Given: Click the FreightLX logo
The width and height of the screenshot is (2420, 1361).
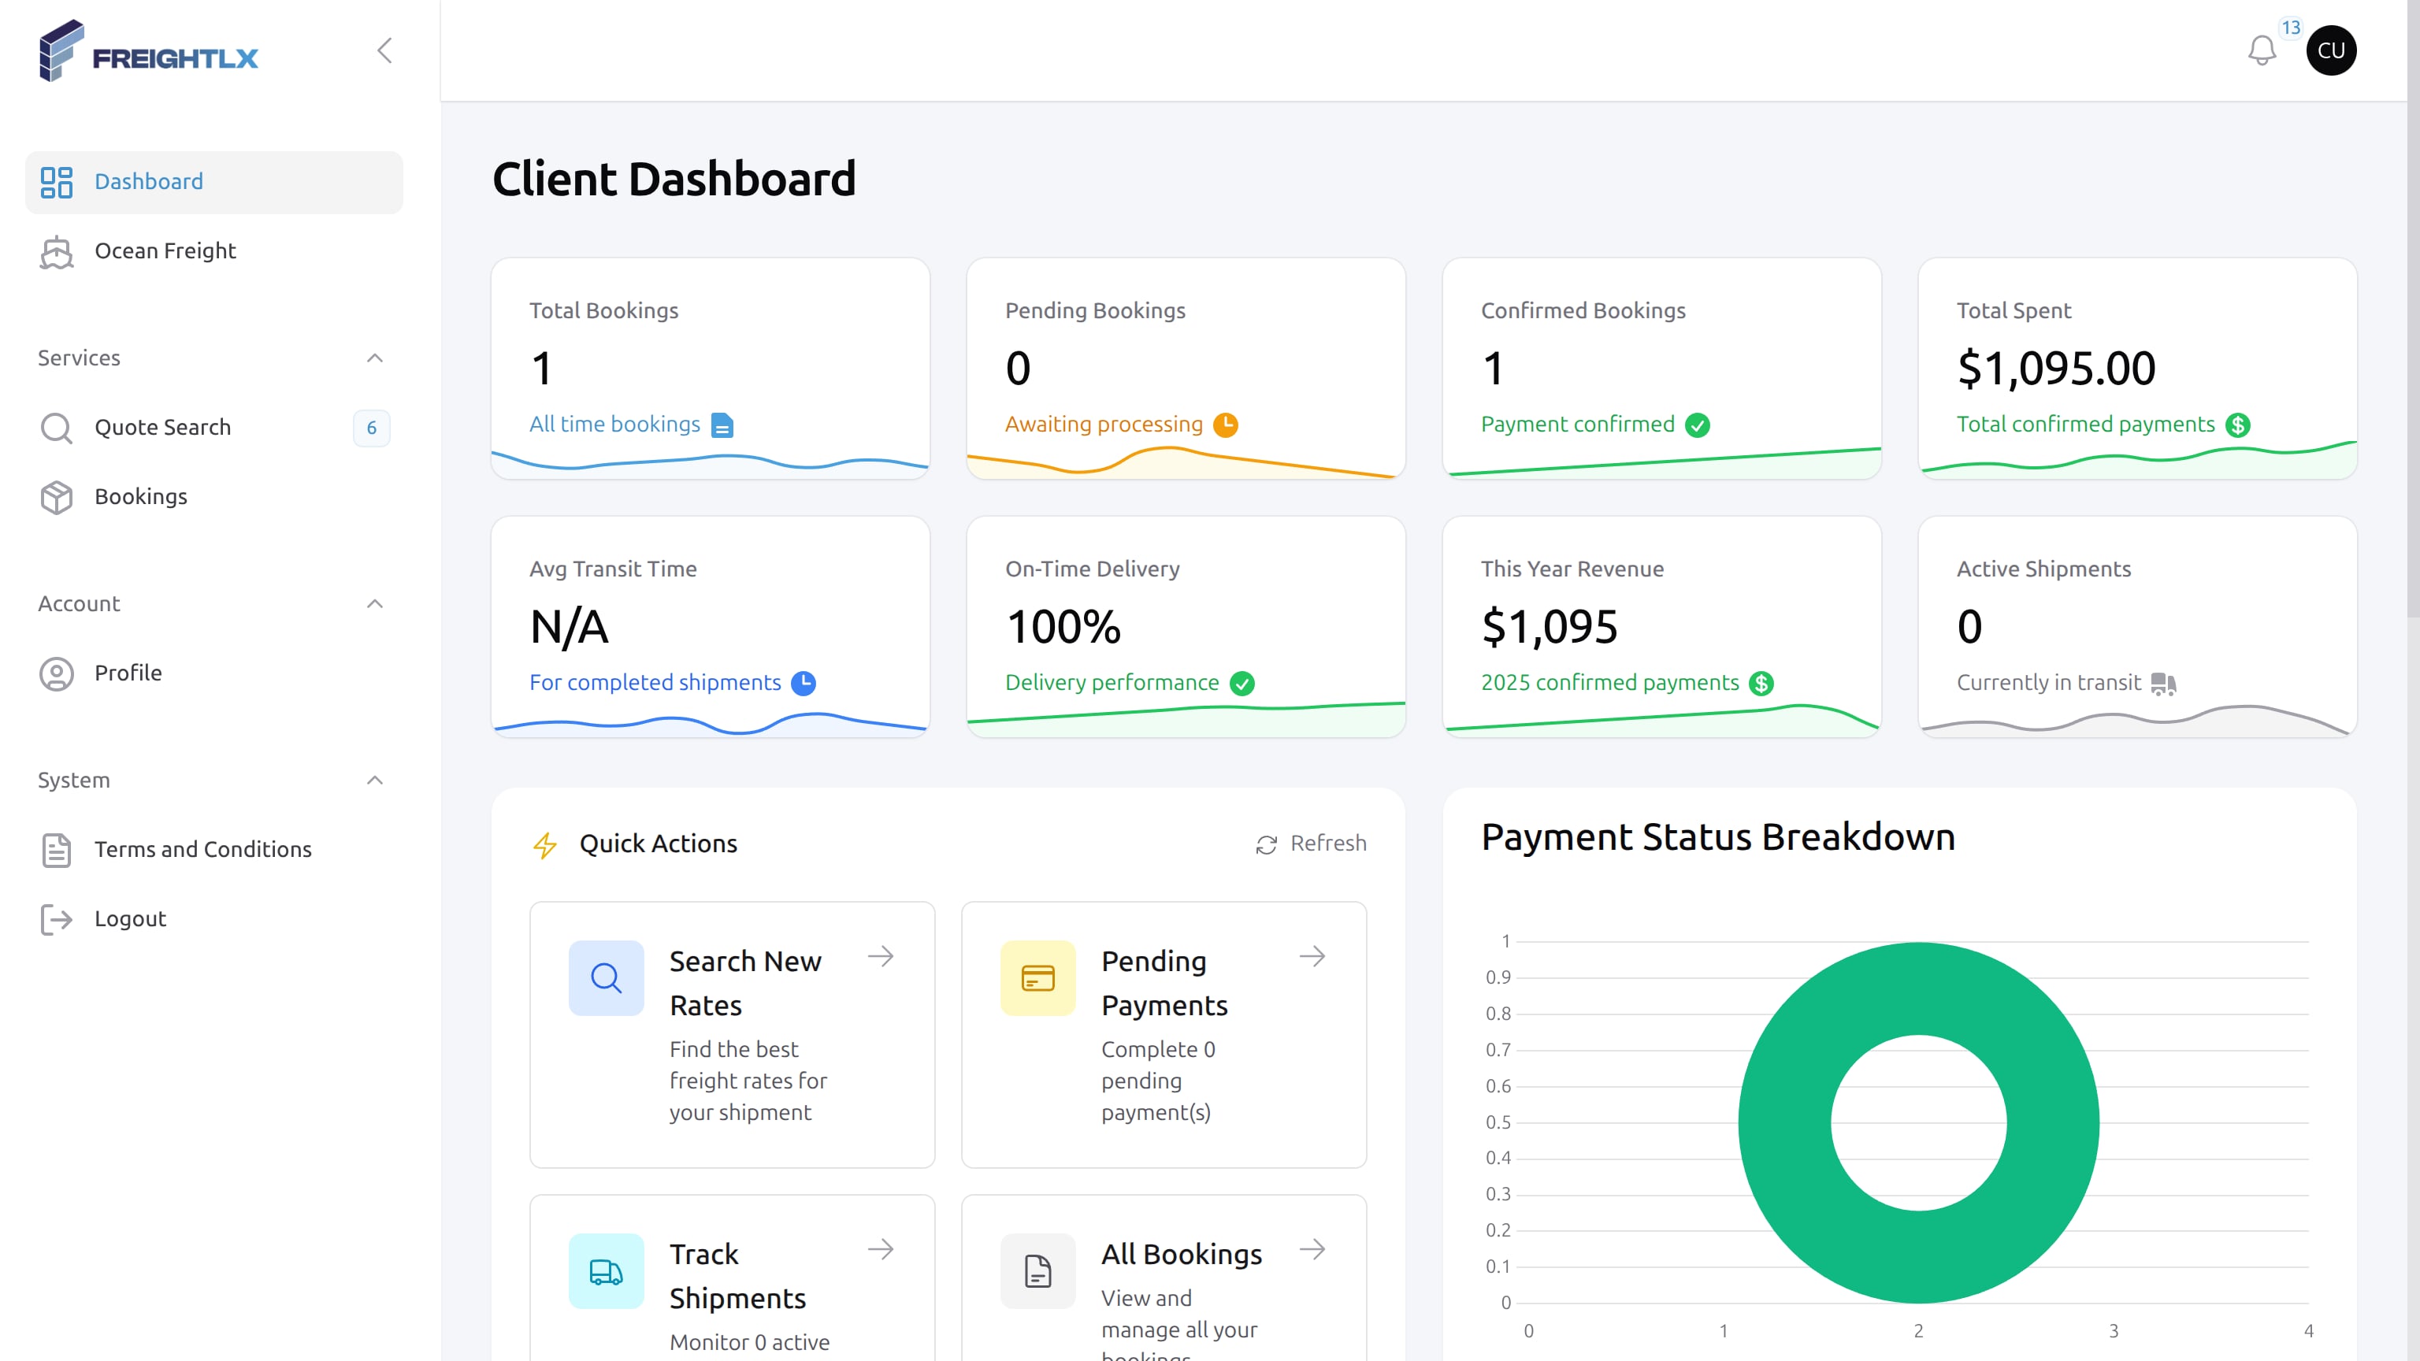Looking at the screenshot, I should [x=148, y=52].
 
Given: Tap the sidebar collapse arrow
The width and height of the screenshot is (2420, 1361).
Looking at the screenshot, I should [x=384, y=50].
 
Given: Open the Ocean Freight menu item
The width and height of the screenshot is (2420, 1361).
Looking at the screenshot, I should [x=165, y=250].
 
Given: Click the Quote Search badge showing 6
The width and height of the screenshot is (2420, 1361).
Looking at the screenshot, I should [x=371, y=428].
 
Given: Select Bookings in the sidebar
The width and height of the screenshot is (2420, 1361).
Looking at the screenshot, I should [x=141, y=497].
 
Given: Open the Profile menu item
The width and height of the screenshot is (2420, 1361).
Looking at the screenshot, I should [x=128, y=673].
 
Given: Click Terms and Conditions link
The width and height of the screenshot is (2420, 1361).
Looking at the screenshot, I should [x=203, y=850].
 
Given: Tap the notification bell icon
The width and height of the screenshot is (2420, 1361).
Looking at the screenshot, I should [x=2261, y=50].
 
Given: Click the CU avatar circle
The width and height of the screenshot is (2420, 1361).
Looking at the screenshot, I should [x=2331, y=50].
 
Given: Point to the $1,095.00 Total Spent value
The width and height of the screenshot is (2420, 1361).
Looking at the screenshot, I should [x=2055, y=368].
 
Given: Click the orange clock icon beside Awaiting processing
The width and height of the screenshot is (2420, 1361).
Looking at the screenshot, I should [x=1225, y=425].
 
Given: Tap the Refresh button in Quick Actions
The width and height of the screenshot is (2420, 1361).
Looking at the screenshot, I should [x=1312, y=844].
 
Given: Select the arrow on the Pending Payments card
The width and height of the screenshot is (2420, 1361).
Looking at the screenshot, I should [x=1312, y=957].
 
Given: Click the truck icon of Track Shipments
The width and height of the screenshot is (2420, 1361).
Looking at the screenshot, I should [x=606, y=1272].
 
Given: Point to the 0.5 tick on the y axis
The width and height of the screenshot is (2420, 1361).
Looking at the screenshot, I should [x=1498, y=1122].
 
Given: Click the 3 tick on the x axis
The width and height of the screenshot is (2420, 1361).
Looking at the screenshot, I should [x=2114, y=1331].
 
